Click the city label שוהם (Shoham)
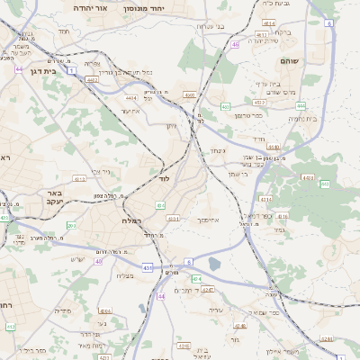312,60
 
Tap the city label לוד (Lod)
164,179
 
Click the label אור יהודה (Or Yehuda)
89,8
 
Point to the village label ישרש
77,259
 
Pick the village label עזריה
215,310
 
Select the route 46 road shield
235,43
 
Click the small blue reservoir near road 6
214,264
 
